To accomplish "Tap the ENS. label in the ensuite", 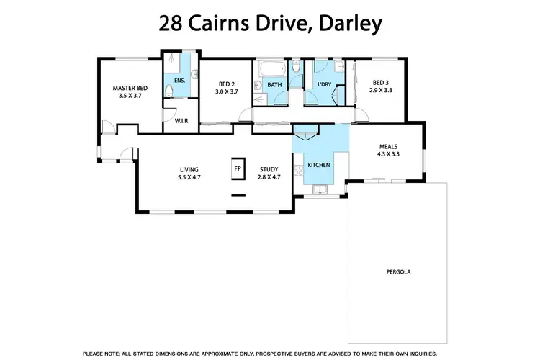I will pyautogui.click(x=179, y=81).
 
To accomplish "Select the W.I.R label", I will pyautogui.click(x=181, y=120).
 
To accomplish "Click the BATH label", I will pyautogui.click(x=274, y=85).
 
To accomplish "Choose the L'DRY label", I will pyautogui.click(x=324, y=85).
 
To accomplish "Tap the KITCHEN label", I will pyautogui.click(x=319, y=166).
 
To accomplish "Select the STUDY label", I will pyautogui.click(x=269, y=170).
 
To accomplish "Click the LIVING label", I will pyautogui.click(x=189, y=170).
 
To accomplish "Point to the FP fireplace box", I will pyautogui.click(x=237, y=168).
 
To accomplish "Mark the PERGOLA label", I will pyautogui.click(x=397, y=273).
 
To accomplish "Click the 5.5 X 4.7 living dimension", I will pyautogui.click(x=189, y=177).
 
